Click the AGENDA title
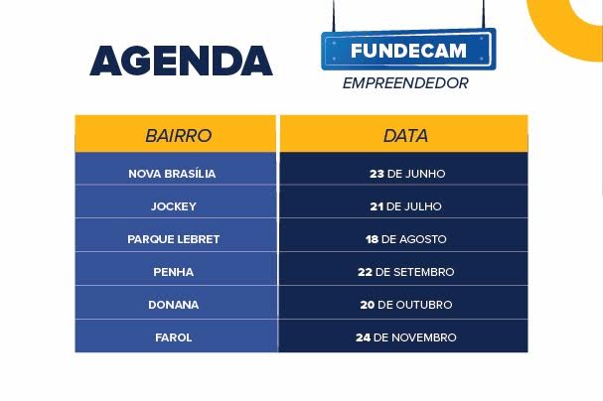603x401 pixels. pyautogui.click(x=181, y=61)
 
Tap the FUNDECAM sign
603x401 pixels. pyautogui.click(x=408, y=50)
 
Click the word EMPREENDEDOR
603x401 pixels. pyautogui.click(x=405, y=83)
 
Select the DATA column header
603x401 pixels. pyautogui.click(x=403, y=134)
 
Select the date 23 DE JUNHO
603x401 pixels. pyautogui.click(x=407, y=174)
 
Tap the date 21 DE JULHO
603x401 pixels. pyautogui.click(x=405, y=206)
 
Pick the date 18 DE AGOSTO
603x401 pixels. pyautogui.click(x=405, y=239)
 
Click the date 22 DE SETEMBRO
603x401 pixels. pyautogui.click(x=405, y=272)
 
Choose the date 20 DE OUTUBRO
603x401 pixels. pyautogui.click(x=405, y=305)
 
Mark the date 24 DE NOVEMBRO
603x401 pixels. pyautogui.click(x=405, y=337)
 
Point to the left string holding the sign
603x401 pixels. pyautogui.click(x=334, y=16)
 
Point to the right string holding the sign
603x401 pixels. pyautogui.click(x=484, y=15)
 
